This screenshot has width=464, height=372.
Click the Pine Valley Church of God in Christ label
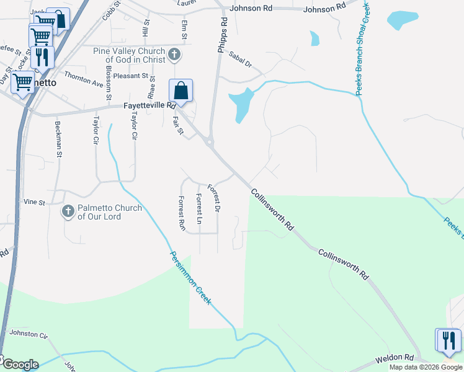tap(130, 55)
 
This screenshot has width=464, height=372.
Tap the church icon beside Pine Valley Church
tap(175, 55)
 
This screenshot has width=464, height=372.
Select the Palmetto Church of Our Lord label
tap(110, 212)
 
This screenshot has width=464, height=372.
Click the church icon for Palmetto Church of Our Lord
tap(68, 212)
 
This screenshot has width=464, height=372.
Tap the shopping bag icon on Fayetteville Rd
tap(181, 91)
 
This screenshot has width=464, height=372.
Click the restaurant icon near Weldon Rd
tap(448, 340)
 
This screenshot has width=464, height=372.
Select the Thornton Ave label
tap(83, 78)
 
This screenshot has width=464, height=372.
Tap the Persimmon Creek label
tap(191, 277)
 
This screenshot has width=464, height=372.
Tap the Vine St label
tap(34, 202)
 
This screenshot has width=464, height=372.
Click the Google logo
tap(20, 365)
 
